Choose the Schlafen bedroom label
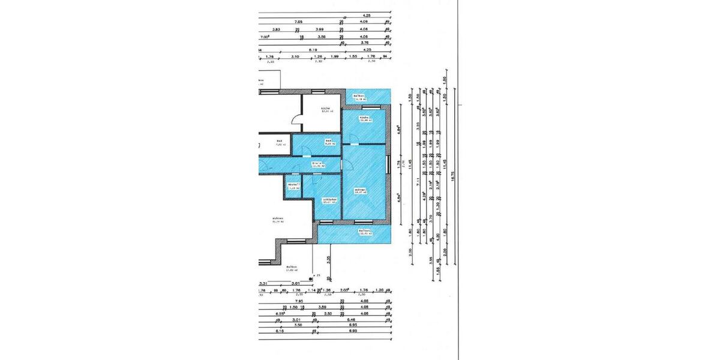point(329,200)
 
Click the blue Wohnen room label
point(361,191)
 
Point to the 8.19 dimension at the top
point(312,50)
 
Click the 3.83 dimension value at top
point(276,29)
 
